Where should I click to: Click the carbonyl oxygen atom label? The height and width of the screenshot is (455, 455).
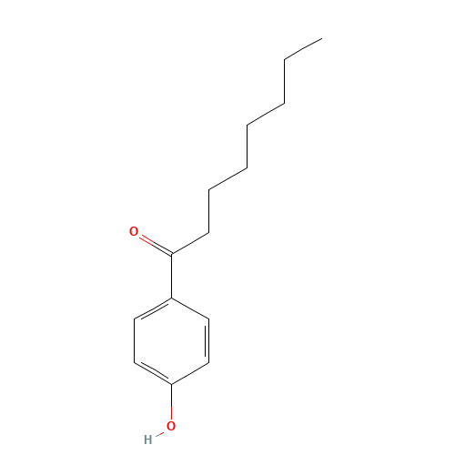point(134,231)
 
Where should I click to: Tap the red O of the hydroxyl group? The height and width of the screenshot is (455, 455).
point(171,426)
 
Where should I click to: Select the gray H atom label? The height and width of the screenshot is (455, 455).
point(148,440)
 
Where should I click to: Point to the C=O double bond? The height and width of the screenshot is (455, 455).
point(156,245)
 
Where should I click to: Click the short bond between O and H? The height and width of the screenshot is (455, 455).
point(159,433)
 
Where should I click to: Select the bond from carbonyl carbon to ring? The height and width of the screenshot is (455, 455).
point(172,276)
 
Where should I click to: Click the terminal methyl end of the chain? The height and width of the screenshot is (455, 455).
point(322,38)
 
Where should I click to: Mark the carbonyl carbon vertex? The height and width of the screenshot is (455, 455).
point(172,254)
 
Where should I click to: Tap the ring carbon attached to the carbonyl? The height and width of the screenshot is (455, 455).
point(172,298)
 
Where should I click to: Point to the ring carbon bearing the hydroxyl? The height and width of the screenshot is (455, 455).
point(172,384)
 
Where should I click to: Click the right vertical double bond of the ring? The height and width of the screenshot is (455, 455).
point(208,340)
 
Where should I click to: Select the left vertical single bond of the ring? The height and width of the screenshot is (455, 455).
point(135,340)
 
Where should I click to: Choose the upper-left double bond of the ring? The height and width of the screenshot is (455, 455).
point(153,308)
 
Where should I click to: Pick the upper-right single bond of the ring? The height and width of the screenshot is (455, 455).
point(190,308)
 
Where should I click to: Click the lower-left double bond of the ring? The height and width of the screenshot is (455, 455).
point(153,373)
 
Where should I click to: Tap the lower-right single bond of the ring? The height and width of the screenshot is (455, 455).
point(190,374)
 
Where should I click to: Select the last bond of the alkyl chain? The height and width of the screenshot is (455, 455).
point(303,49)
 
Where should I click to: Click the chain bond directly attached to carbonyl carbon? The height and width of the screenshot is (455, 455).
point(190,244)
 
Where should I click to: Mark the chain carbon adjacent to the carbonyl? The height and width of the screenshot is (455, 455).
point(209,233)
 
